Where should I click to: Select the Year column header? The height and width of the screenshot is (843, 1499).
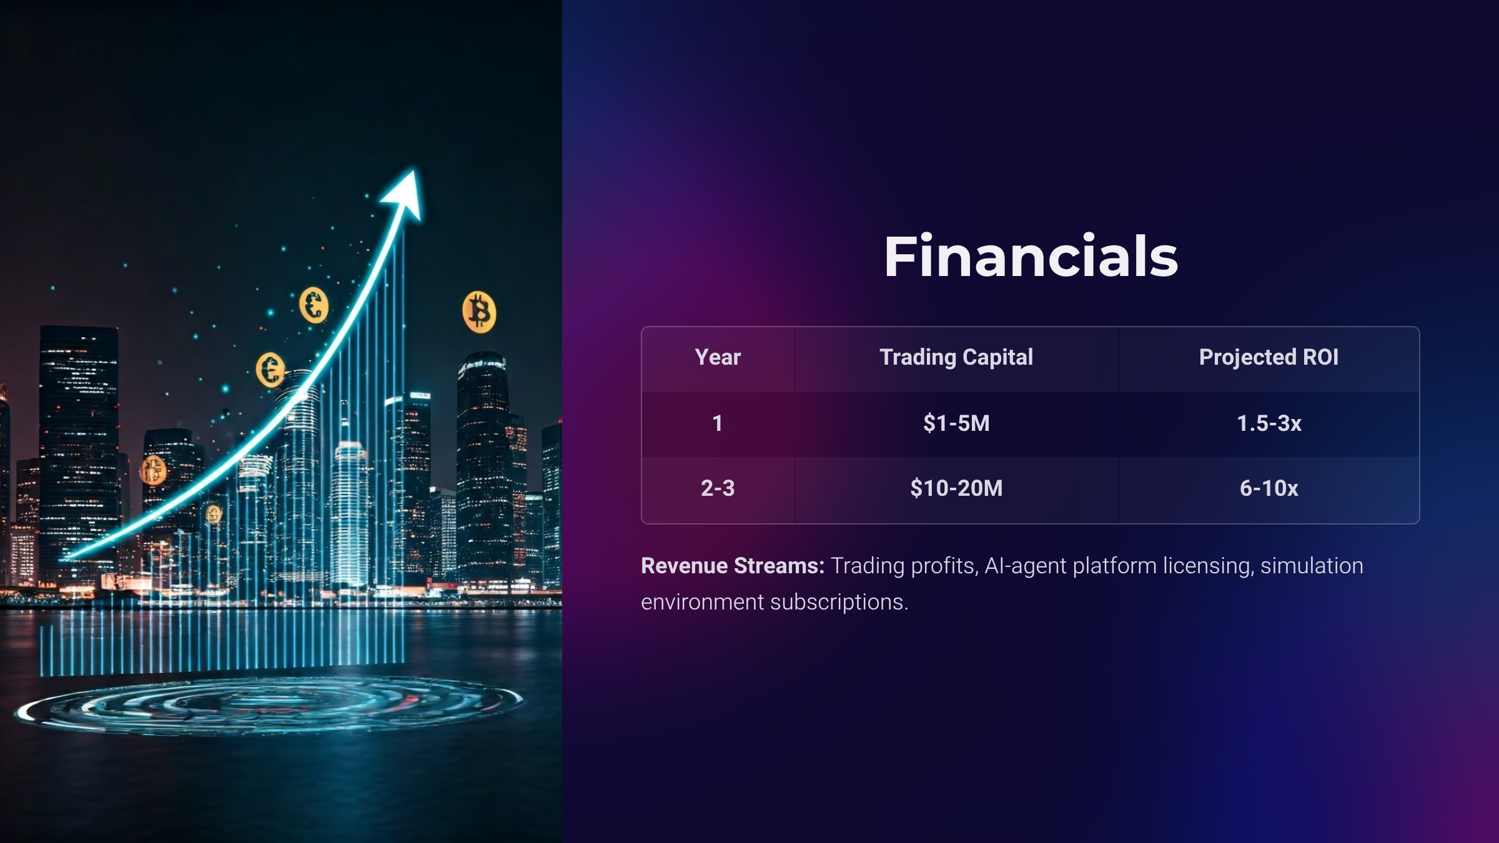[718, 357]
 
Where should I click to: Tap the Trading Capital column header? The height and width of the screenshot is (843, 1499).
[956, 357]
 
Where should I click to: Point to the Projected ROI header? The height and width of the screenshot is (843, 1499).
[1269, 357]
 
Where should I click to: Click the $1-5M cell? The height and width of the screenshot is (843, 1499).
[956, 423]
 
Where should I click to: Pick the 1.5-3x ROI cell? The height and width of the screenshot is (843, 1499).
[1269, 423]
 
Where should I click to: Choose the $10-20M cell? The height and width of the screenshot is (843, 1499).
[956, 488]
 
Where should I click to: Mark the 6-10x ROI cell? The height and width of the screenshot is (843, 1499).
[1269, 488]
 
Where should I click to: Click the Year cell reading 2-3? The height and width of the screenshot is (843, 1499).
[718, 488]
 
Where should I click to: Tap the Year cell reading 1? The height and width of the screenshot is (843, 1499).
[718, 423]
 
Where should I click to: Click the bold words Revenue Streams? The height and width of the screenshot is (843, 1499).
[733, 566]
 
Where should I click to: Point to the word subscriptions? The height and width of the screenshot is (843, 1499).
[839, 603]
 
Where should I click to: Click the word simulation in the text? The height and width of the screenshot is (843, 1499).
[1312, 566]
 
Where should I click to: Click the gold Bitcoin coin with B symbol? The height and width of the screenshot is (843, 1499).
[479, 312]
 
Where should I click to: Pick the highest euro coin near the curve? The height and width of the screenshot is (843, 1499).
[314, 305]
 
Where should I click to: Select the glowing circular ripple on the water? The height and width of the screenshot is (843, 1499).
[269, 706]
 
